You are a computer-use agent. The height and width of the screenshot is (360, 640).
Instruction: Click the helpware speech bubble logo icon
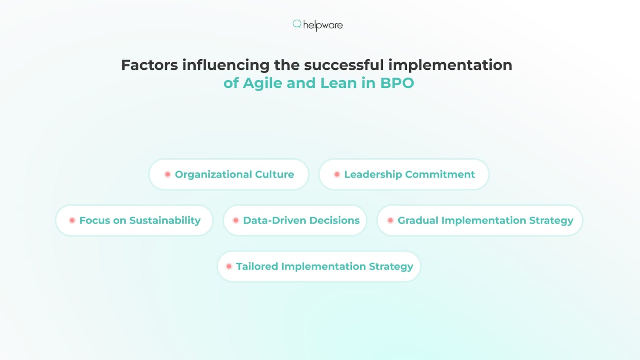coord(297,24)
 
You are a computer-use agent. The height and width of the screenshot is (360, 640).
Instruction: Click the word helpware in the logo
coord(323,25)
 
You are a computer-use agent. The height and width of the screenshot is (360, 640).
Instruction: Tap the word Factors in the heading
coord(149,65)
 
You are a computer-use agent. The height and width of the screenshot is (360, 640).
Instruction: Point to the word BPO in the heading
coord(397,83)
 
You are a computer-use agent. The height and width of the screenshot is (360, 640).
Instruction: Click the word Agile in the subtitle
coord(262,83)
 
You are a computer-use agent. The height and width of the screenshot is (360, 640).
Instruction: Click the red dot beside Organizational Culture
coord(168,174)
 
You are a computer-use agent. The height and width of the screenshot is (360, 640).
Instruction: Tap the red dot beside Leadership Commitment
coord(337,174)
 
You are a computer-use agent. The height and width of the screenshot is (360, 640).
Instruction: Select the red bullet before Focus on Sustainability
coord(72,220)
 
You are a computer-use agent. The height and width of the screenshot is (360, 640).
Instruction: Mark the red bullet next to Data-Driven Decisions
coord(236,220)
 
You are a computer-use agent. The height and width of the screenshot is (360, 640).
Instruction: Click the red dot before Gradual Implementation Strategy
coord(390,220)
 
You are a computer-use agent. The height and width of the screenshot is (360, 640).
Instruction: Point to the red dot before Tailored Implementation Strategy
coord(229,266)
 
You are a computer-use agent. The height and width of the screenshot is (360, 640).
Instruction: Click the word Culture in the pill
coord(274,174)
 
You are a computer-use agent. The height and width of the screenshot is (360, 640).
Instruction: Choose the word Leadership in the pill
coord(373,174)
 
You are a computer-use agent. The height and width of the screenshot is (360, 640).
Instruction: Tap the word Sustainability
coord(165,220)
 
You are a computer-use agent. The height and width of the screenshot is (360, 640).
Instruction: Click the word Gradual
coord(418,220)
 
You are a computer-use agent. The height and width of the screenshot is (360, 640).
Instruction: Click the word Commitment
coord(440,174)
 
